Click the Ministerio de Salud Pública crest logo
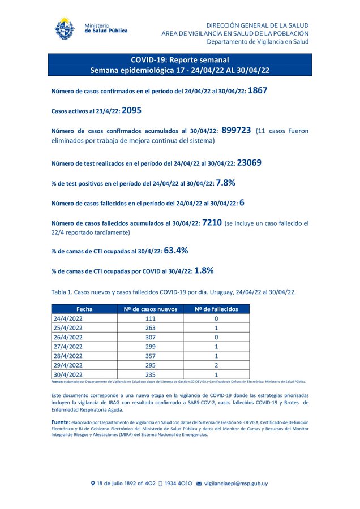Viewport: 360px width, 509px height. point(64,29)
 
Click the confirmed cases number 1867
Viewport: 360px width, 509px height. point(258,90)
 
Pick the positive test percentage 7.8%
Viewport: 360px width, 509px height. point(225,183)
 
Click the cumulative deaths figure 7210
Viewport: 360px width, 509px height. point(211,222)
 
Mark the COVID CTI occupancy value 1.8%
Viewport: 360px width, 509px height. point(203,270)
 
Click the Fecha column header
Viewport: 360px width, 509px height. point(84,309)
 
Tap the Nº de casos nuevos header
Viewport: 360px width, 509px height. point(151,309)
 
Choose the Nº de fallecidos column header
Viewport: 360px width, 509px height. point(216,309)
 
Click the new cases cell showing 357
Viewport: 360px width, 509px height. point(151,356)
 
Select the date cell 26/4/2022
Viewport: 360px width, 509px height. point(67,337)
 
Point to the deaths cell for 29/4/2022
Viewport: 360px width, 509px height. point(216,365)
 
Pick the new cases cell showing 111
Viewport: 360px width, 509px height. point(151,319)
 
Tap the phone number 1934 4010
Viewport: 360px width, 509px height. point(176,484)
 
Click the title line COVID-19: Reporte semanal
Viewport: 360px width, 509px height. point(179,60)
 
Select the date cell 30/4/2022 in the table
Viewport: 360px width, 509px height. point(67,374)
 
